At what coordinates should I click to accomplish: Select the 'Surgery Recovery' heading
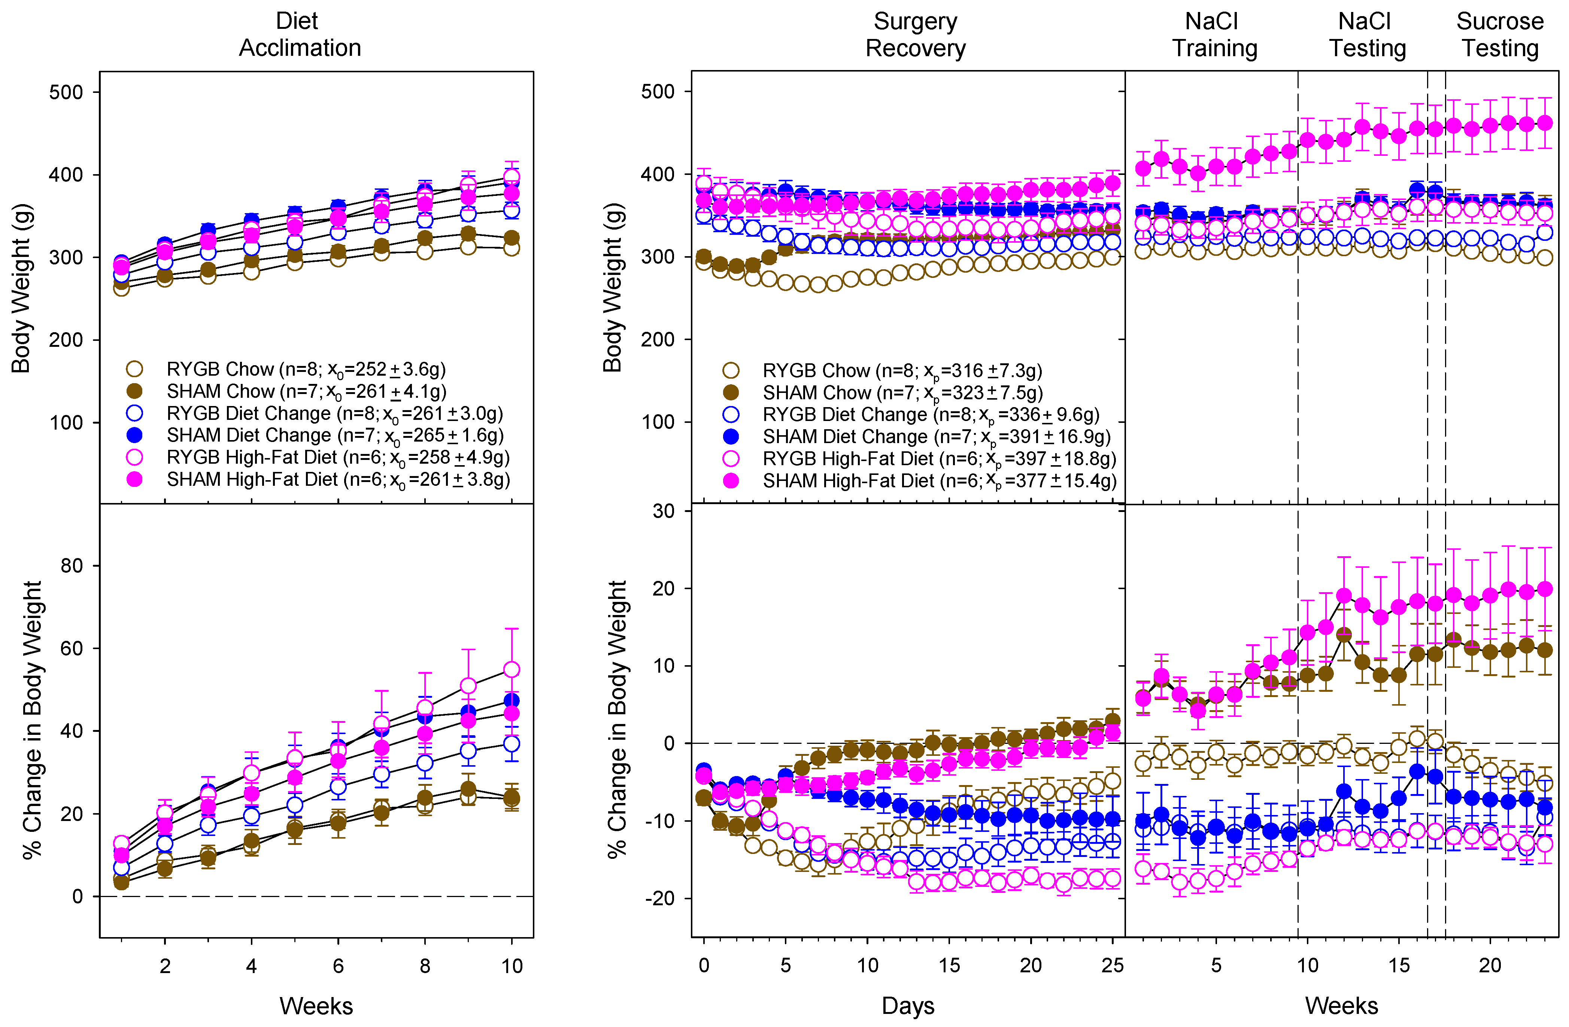[x=915, y=34]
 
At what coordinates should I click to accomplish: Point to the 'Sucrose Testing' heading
[x=1500, y=34]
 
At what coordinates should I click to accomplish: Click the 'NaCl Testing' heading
[x=1367, y=34]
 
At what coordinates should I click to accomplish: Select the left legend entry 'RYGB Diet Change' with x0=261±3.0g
[x=334, y=413]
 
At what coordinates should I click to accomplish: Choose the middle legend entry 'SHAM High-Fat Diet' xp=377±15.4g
[x=940, y=481]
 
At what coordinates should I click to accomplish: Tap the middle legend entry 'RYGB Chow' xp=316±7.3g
[x=902, y=370]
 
